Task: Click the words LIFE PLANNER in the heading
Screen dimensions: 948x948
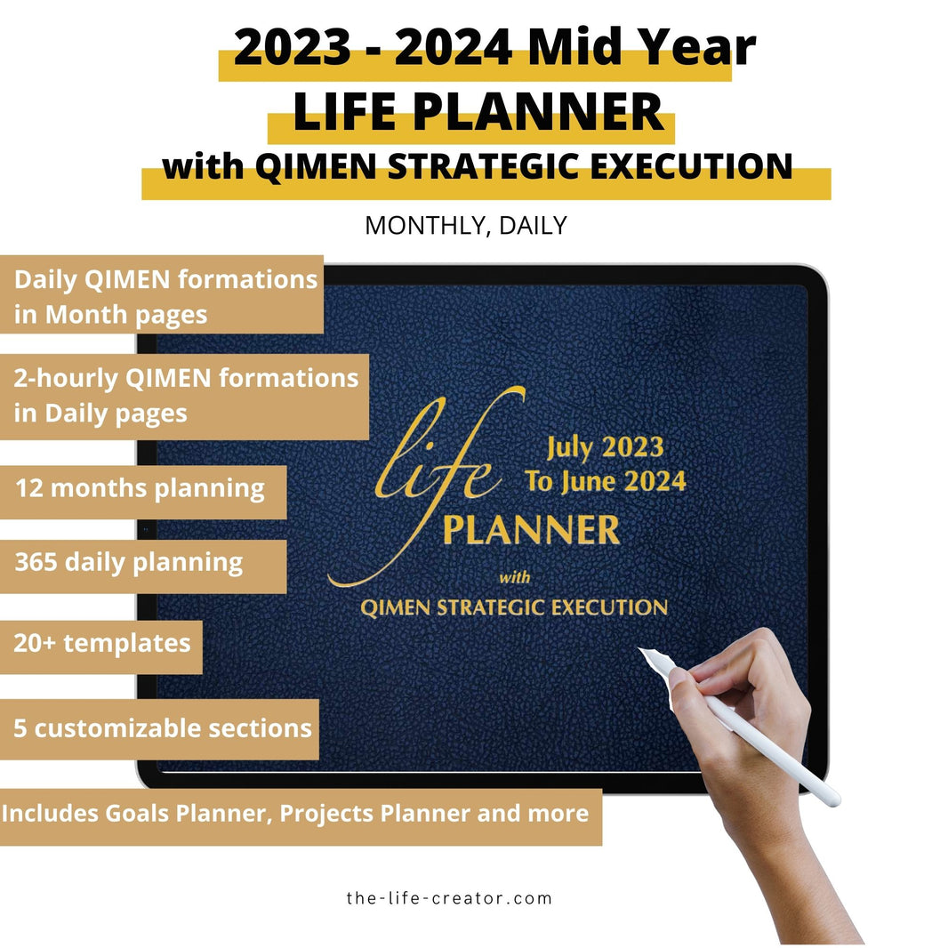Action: pyautogui.click(x=478, y=112)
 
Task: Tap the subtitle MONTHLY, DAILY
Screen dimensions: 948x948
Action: pyautogui.click(x=465, y=226)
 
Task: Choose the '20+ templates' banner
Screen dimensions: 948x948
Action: pyautogui.click(x=101, y=643)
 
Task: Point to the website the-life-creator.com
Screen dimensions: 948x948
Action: pyautogui.click(x=449, y=898)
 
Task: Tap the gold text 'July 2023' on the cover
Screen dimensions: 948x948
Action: pyautogui.click(x=604, y=447)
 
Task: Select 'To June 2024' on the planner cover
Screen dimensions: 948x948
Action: pyautogui.click(x=605, y=482)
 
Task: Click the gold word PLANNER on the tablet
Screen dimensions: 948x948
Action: pyautogui.click(x=531, y=531)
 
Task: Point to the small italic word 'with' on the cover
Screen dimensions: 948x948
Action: pyautogui.click(x=515, y=578)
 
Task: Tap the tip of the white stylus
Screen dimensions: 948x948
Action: pyautogui.click(x=643, y=652)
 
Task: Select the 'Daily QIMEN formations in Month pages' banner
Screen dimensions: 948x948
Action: pyautogui.click(x=165, y=296)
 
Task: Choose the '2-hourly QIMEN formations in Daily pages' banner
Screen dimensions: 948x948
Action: pyautogui.click(x=185, y=396)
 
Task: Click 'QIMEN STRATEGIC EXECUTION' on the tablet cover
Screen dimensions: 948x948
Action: pyautogui.click(x=514, y=608)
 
